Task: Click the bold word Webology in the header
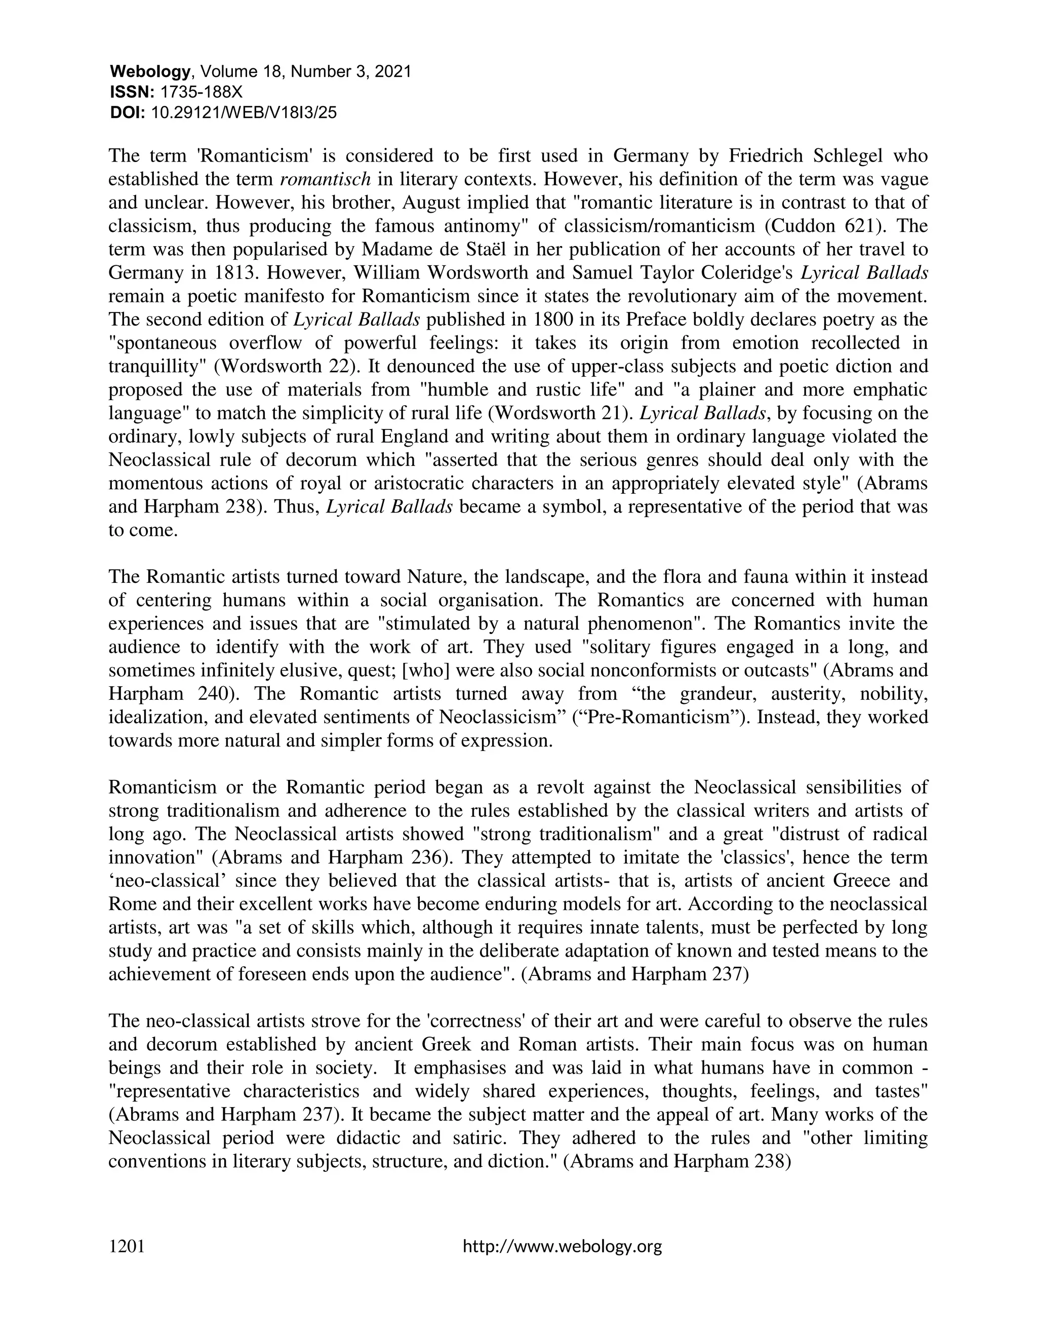click(150, 72)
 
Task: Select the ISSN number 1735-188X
click(201, 92)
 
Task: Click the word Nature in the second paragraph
click(435, 577)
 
